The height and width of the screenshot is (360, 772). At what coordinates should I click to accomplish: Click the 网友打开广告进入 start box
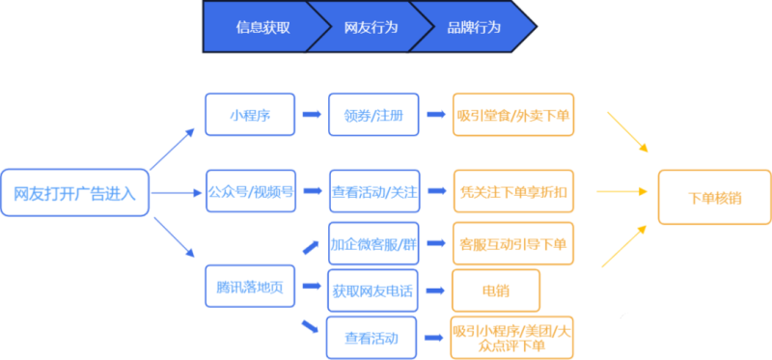(75, 193)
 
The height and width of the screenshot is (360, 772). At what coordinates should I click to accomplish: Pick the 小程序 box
(249, 115)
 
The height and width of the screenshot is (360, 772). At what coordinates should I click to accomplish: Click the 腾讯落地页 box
(249, 287)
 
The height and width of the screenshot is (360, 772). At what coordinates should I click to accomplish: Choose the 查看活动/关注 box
(373, 191)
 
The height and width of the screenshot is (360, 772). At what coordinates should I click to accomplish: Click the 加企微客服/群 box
(372, 242)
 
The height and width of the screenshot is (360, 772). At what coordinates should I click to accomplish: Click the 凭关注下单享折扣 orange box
(513, 191)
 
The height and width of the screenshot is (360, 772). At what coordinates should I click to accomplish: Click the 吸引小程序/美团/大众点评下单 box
(512, 337)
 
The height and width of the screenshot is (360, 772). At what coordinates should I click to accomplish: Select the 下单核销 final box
(714, 197)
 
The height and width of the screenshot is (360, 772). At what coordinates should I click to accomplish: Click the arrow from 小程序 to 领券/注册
(312, 114)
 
